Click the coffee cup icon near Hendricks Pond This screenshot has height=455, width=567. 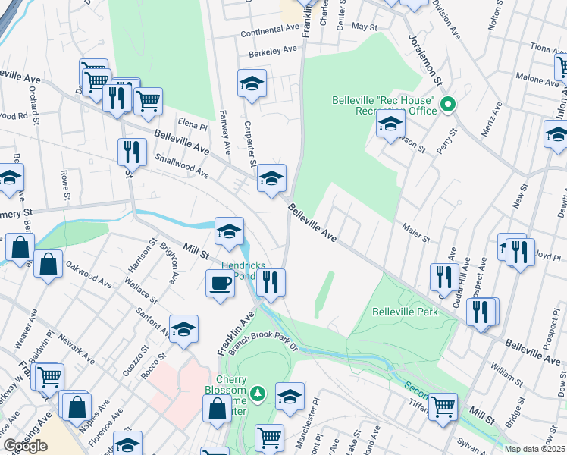click(220, 284)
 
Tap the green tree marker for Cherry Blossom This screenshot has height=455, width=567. click(258, 393)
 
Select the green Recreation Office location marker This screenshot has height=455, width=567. click(447, 104)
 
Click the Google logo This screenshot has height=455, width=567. click(25, 446)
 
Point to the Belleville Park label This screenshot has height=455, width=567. click(405, 312)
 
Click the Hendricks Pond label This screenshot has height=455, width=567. click(243, 271)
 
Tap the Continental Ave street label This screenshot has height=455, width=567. click(271, 32)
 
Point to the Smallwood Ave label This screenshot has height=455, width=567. click(182, 167)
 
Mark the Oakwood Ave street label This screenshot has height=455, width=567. click(89, 271)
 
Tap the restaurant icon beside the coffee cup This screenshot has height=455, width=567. click(271, 283)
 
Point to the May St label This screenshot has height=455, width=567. click(365, 27)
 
